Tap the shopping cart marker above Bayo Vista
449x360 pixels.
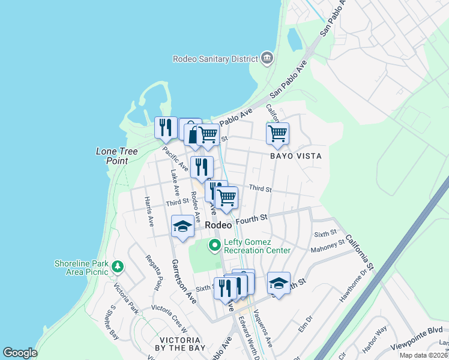pyautogui.click(x=277, y=134)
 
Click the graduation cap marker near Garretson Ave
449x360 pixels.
pyautogui.click(x=182, y=226)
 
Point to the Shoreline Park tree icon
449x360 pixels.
pyautogui.click(x=118, y=266)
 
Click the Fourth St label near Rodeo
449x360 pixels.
pyautogui.click(x=250, y=220)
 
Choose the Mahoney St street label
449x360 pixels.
pyautogui.click(x=327, y=244)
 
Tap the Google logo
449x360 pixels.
pyautogui.click(x=20, y=353)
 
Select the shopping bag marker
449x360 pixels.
pyautogui.click(x=191, y=131)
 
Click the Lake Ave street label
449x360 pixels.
pyautogui.click(x=175, y=182)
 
